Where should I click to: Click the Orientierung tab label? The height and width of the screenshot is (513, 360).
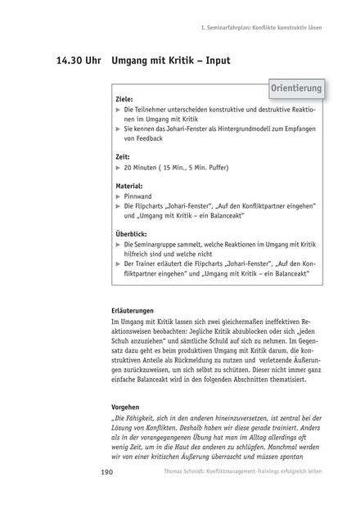295,88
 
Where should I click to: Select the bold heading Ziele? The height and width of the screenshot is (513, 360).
125,99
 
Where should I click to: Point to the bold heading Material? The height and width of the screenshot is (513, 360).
129,186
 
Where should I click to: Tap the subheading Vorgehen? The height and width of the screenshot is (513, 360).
128,407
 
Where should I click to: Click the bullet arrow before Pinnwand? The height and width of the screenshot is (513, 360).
119,196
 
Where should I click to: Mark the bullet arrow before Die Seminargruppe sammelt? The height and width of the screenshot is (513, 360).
119,245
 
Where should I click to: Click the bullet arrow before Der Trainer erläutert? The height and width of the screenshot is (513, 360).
119,264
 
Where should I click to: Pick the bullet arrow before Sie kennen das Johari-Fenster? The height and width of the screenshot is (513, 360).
119,128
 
